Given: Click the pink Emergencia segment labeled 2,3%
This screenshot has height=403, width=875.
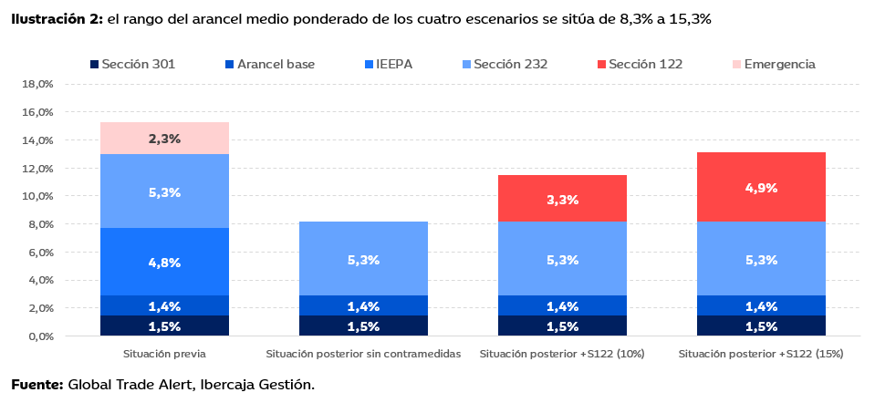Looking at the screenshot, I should (164, 139).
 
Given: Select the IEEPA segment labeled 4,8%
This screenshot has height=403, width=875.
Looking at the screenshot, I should (164, 262).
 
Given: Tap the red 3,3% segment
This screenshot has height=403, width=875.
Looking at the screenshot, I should (562, 200).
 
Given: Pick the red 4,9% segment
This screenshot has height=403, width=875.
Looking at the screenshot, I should (761, 188).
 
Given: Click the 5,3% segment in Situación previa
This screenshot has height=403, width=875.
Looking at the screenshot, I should (164, 191).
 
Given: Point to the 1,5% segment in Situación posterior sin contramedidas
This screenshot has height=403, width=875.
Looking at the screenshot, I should (363, 325).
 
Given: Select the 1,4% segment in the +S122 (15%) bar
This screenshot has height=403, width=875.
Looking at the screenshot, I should (761, 305).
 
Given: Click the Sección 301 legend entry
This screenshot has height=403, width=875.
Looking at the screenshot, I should (132, 64).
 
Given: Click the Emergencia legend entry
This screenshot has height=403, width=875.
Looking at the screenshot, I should (773, 64).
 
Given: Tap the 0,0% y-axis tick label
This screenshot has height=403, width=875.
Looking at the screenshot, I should (39, 336).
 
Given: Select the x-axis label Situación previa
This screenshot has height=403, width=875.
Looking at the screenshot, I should (164, 353).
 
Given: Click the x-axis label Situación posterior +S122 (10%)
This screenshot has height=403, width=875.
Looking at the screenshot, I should (562, 353).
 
